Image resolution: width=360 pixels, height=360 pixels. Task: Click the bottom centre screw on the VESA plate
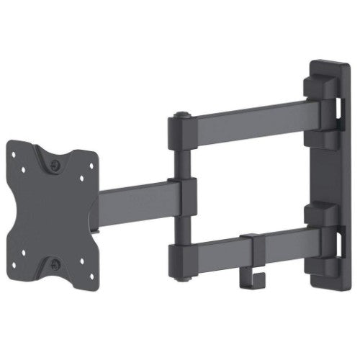pos(56,264)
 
